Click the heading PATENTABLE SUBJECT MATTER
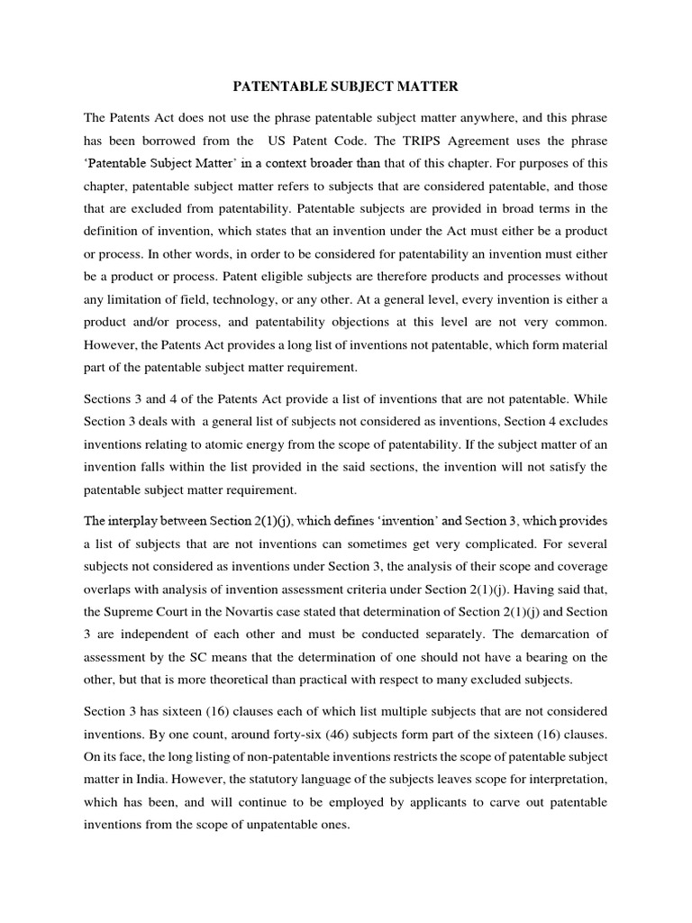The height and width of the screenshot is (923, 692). point(346,87)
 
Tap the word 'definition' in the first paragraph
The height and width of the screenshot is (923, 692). point(114,231)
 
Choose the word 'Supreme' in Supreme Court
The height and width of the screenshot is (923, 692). point(138,611)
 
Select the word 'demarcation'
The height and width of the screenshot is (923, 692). point(567,634)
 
